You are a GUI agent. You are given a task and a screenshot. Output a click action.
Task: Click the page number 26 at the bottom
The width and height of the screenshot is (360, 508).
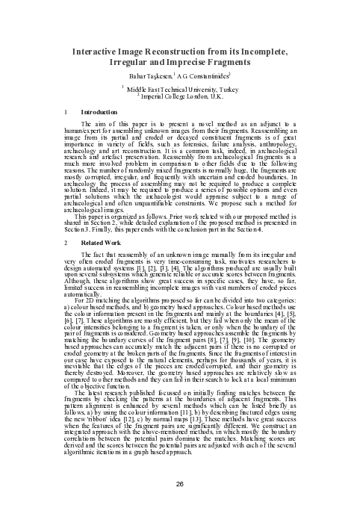(x=180, y=483)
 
